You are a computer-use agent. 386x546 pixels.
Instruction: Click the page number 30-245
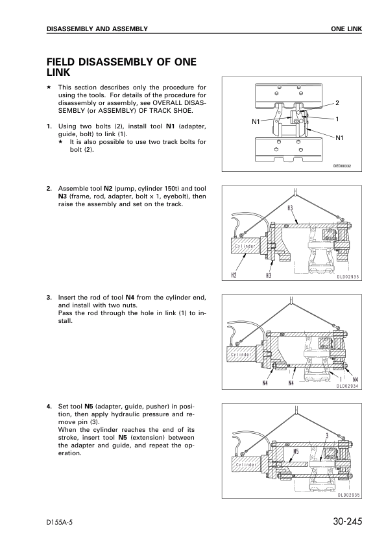[347, 521]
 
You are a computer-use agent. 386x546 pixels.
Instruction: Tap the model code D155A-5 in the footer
[62, 522]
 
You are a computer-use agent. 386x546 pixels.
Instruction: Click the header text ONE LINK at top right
[346, 29]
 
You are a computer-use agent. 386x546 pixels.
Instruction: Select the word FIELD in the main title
[60, 62]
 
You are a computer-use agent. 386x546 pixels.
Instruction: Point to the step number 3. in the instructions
[49, 298]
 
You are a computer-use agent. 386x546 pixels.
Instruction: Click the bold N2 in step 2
[108, 189]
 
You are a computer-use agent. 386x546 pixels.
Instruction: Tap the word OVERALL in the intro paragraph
[166, 103]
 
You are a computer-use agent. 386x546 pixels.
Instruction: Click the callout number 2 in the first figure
[337, 102]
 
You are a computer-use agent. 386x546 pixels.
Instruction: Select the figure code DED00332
[342, 166]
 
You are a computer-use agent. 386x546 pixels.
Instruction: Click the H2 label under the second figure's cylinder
[234, 276]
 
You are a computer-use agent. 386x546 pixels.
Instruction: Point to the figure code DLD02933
[348, 277]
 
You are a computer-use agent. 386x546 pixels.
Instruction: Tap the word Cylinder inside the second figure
[245, 246]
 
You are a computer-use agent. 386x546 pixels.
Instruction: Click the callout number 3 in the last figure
[328, 436]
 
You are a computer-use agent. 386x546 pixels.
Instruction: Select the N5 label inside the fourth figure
[296, 451]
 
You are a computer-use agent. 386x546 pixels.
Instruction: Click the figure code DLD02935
[349, 495]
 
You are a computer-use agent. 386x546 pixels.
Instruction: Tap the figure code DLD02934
[347, 386]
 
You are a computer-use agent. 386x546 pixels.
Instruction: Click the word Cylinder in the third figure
[241, 355]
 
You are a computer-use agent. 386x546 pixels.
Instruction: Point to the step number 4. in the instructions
[49, 407]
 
